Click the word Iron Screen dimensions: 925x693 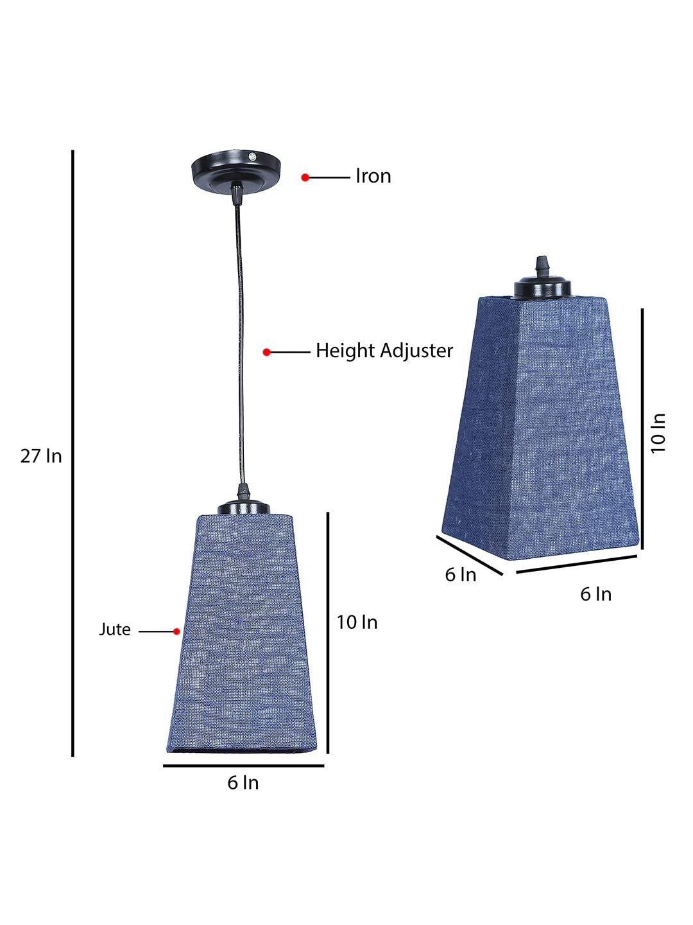[x=373, y=176]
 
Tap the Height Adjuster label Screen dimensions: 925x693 [x=384, y=351]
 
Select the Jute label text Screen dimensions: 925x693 [x=115, y=630]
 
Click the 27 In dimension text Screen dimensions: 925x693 [x=41, y=456]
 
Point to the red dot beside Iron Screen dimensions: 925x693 [x=305, y=177]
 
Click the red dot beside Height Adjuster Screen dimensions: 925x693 [x=266, y=352]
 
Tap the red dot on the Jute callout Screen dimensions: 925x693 [x=176, y=631]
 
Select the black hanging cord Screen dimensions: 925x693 [x=240, y=347]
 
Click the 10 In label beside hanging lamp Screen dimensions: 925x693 [x=357, y=622]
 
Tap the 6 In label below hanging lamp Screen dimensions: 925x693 [x=243, y=782]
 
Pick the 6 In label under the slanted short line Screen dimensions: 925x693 [x=461, y=574]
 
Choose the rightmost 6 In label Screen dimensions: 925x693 [x=595, y=594]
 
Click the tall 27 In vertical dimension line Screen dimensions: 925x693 [x=73, y=453]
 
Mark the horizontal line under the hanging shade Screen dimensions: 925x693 [x=243, y=766]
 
